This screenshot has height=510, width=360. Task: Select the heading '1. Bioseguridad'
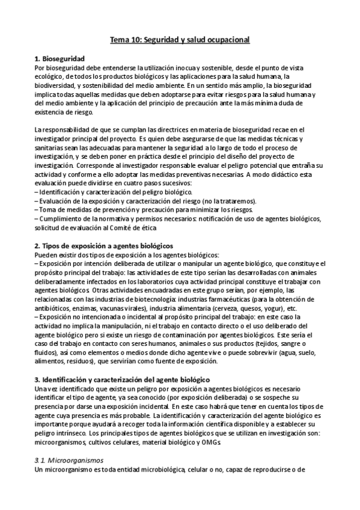pos(59,58)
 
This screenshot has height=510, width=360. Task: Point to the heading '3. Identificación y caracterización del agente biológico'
pos(121,380)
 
